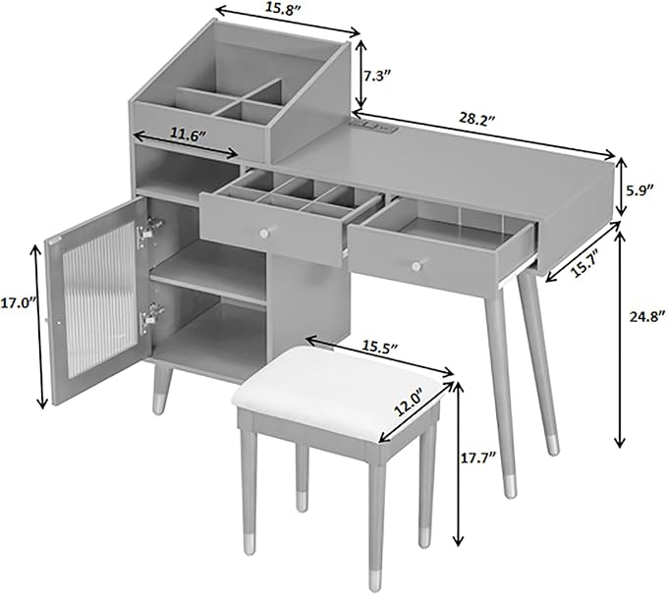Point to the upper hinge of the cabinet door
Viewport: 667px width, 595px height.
point(150,229)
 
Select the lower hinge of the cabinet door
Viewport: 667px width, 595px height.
point(150,315)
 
